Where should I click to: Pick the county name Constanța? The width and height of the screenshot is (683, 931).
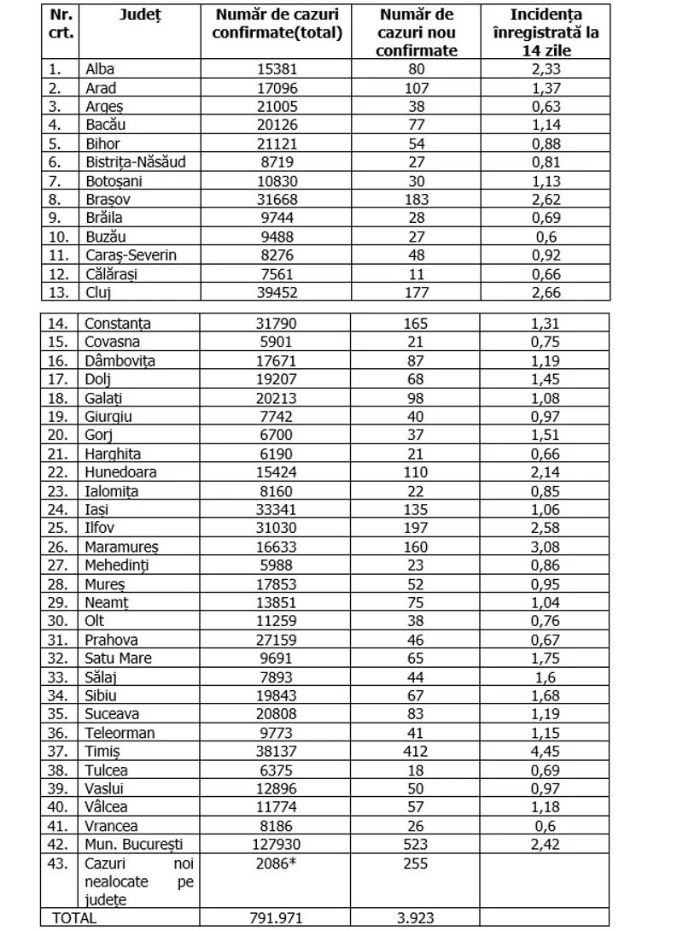pos(118,324)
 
